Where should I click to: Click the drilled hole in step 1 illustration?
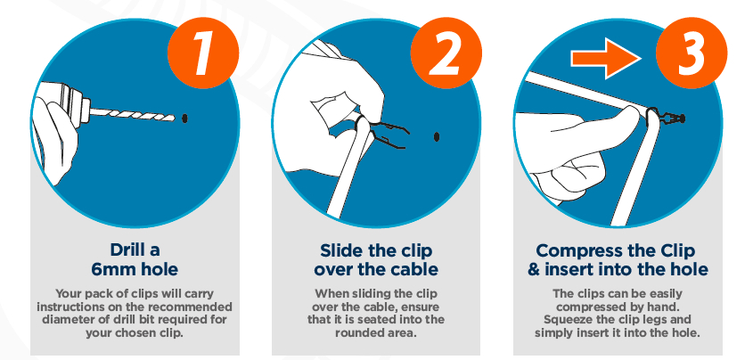click(x=184, y=117)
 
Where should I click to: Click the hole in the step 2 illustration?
click(x=437, y=135)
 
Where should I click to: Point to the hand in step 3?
click(x=570, y=143)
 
